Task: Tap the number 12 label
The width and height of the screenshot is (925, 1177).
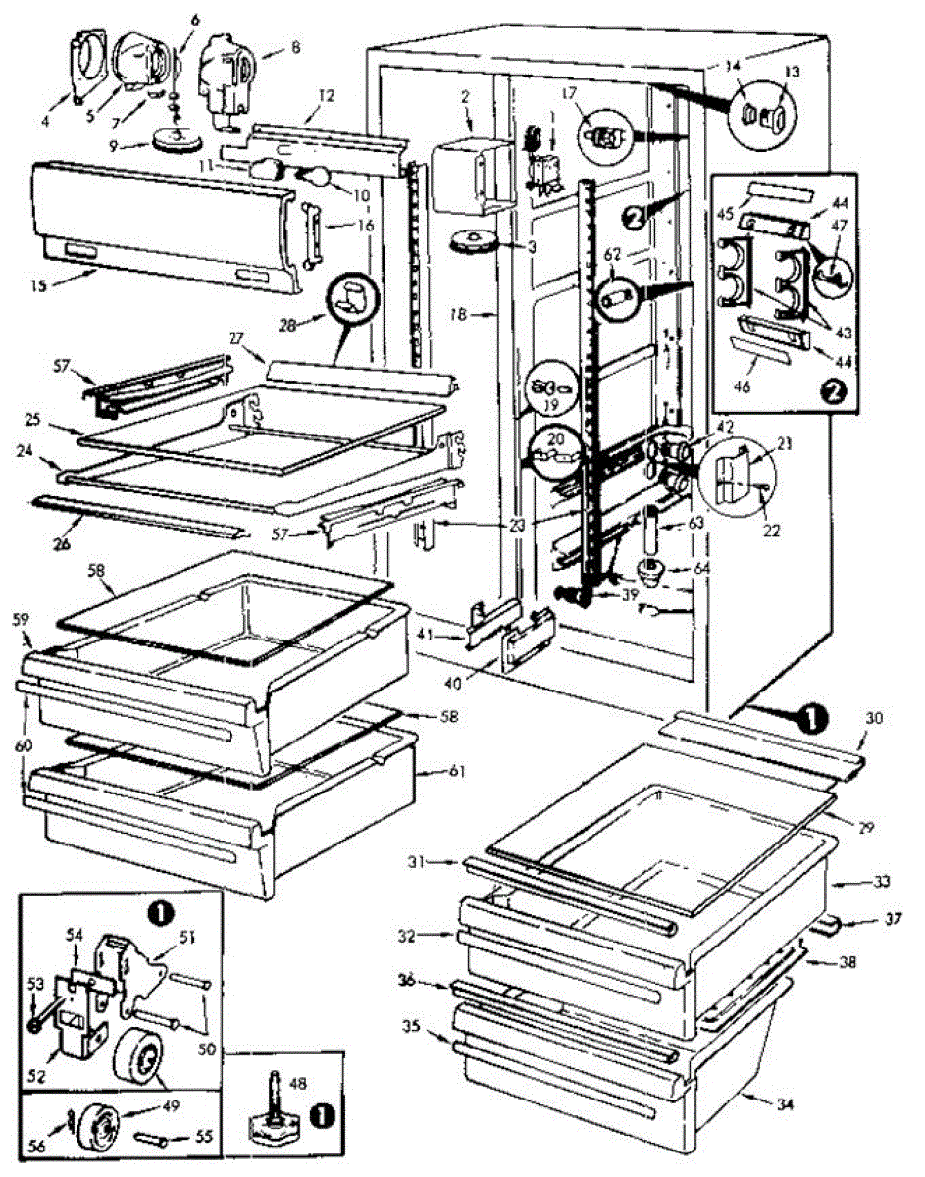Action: [327, 96]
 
